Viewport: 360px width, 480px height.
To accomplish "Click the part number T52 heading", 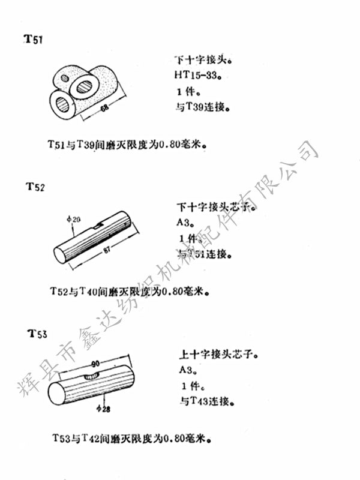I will pos(35,187).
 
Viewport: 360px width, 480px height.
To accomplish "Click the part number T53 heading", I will pos(37,333).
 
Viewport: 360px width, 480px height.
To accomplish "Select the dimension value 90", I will pos(95,365).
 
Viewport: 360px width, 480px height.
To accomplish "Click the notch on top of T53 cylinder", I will pos(92,376).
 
